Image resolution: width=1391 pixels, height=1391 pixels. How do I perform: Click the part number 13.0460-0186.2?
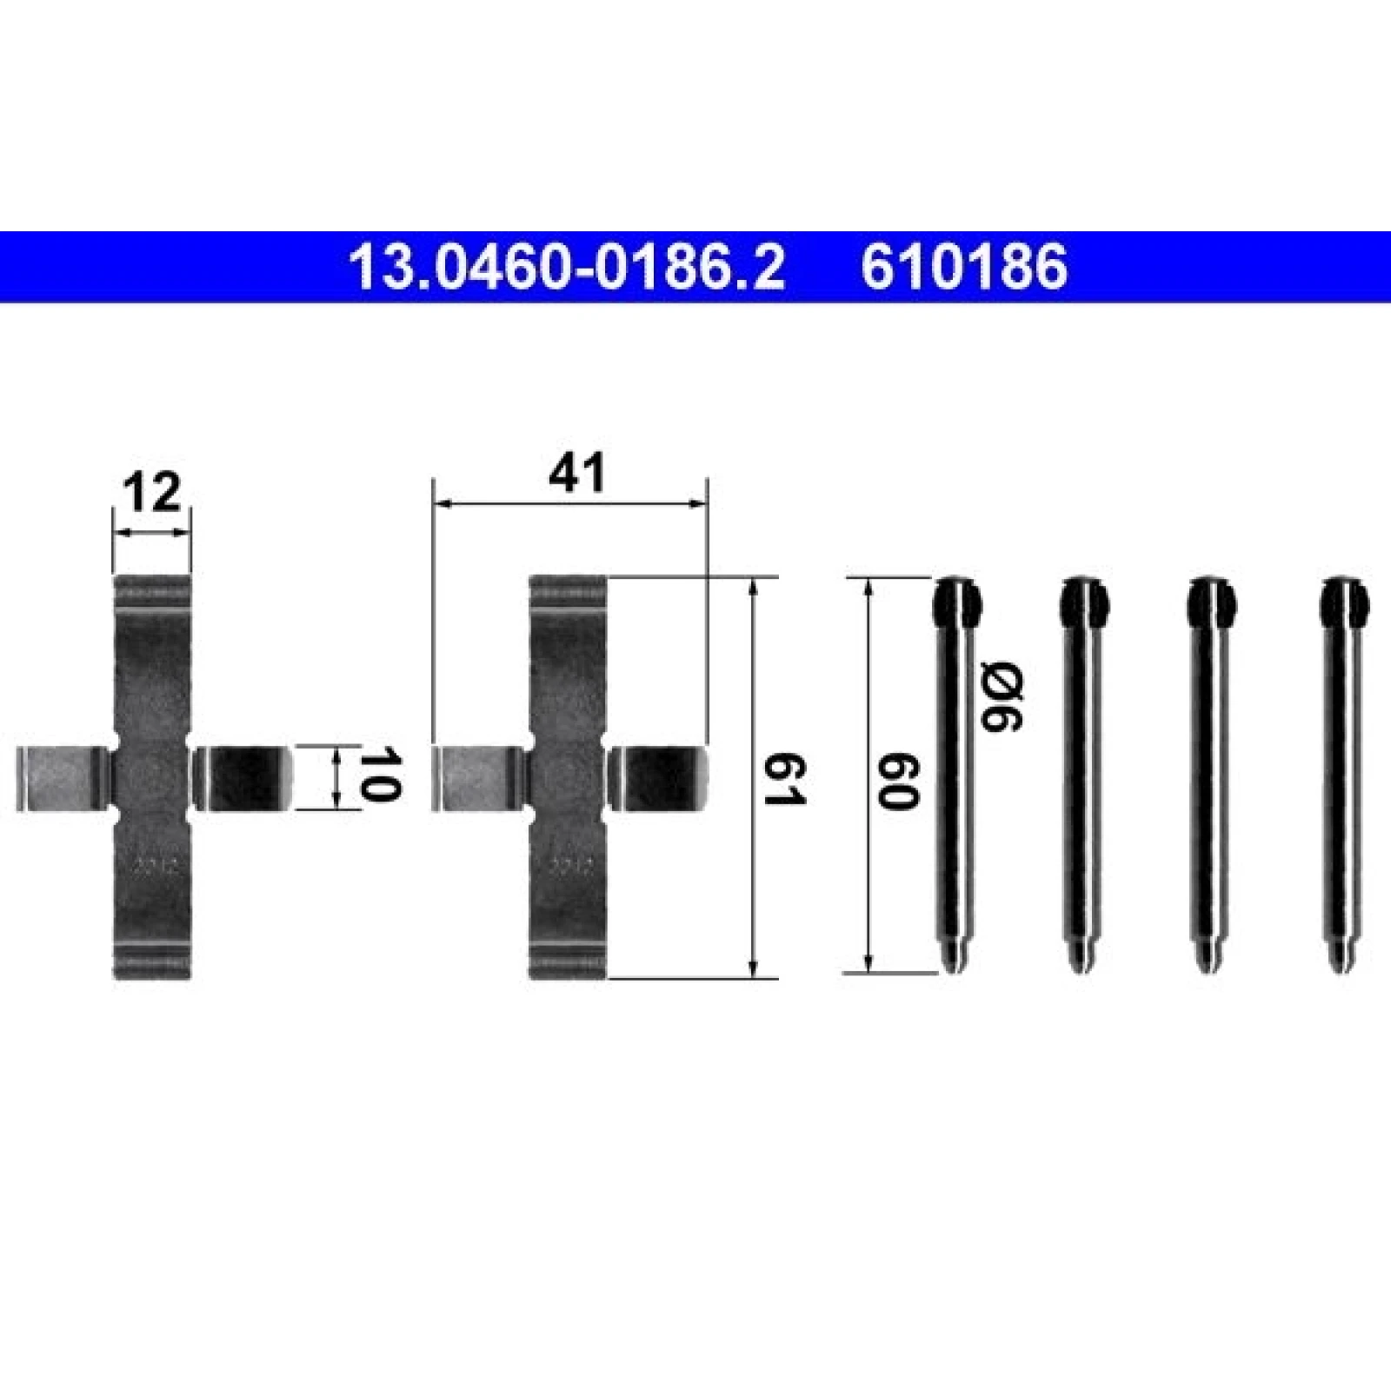[566, 267]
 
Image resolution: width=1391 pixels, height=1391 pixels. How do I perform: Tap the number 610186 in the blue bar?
[964, 267]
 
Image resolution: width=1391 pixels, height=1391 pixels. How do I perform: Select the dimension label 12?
[152, 493]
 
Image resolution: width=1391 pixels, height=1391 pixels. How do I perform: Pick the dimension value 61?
[785, 780]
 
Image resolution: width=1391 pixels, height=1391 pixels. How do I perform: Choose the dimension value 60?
[898, 782]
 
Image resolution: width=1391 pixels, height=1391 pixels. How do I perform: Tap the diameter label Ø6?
[1002, 695]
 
